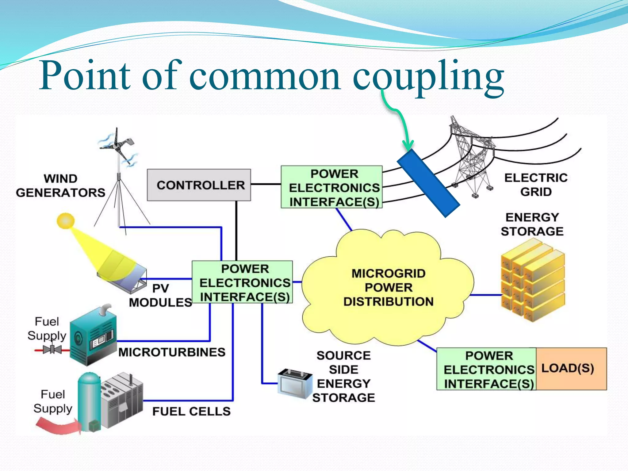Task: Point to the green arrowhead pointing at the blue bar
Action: point(408,145)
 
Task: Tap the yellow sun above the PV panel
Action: point(66,221)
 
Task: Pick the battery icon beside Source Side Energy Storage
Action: point(294,383)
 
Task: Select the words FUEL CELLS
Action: point(191,411)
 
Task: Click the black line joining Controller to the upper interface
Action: point(266,184)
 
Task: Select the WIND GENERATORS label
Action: point(60,186)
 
